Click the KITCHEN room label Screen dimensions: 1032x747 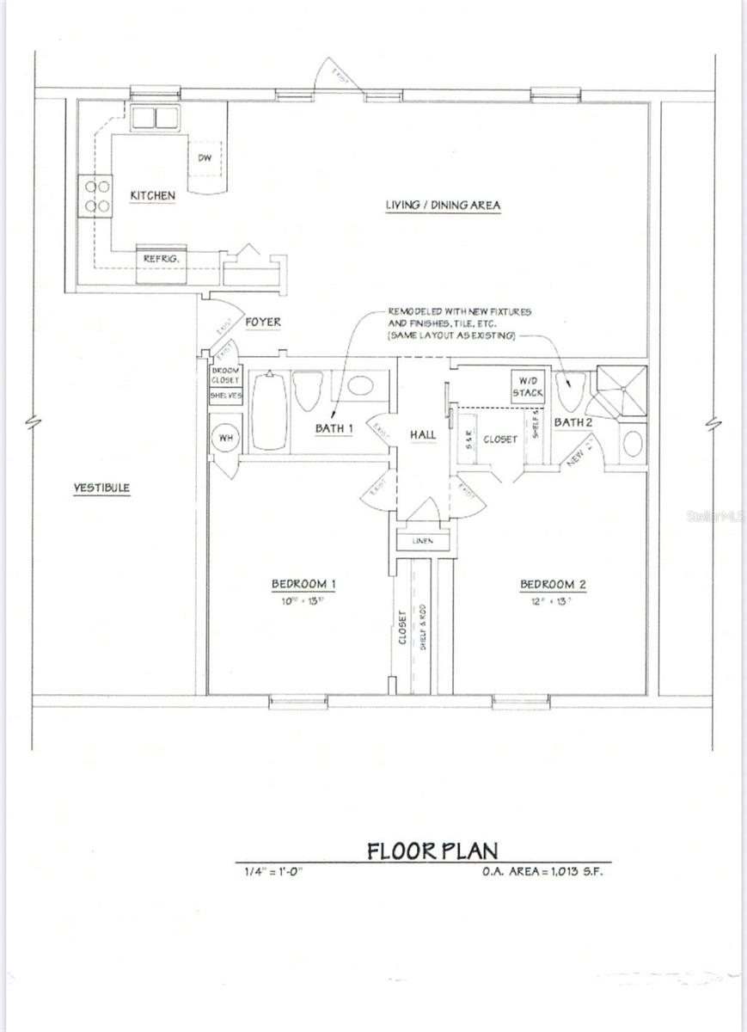point(152,196)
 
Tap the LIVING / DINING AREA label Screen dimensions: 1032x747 point(443,206)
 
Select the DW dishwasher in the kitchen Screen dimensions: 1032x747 point(205,157)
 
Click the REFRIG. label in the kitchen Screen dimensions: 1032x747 point(160,258)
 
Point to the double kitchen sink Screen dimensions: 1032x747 point(154,118)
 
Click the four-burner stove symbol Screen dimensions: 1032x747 point(95,195)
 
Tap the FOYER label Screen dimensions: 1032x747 point(263,322)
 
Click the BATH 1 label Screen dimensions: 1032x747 point(334,428)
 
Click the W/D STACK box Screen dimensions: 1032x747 point(528,385)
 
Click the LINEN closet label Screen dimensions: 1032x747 point(423,542)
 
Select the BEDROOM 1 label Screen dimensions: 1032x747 point(303,585)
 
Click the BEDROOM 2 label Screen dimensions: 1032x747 point(553,585)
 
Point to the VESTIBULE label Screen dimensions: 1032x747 point(101,488)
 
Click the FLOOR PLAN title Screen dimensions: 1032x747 point(432,851)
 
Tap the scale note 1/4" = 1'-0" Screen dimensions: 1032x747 point(275,871)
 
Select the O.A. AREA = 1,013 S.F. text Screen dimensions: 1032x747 point(544,871)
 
